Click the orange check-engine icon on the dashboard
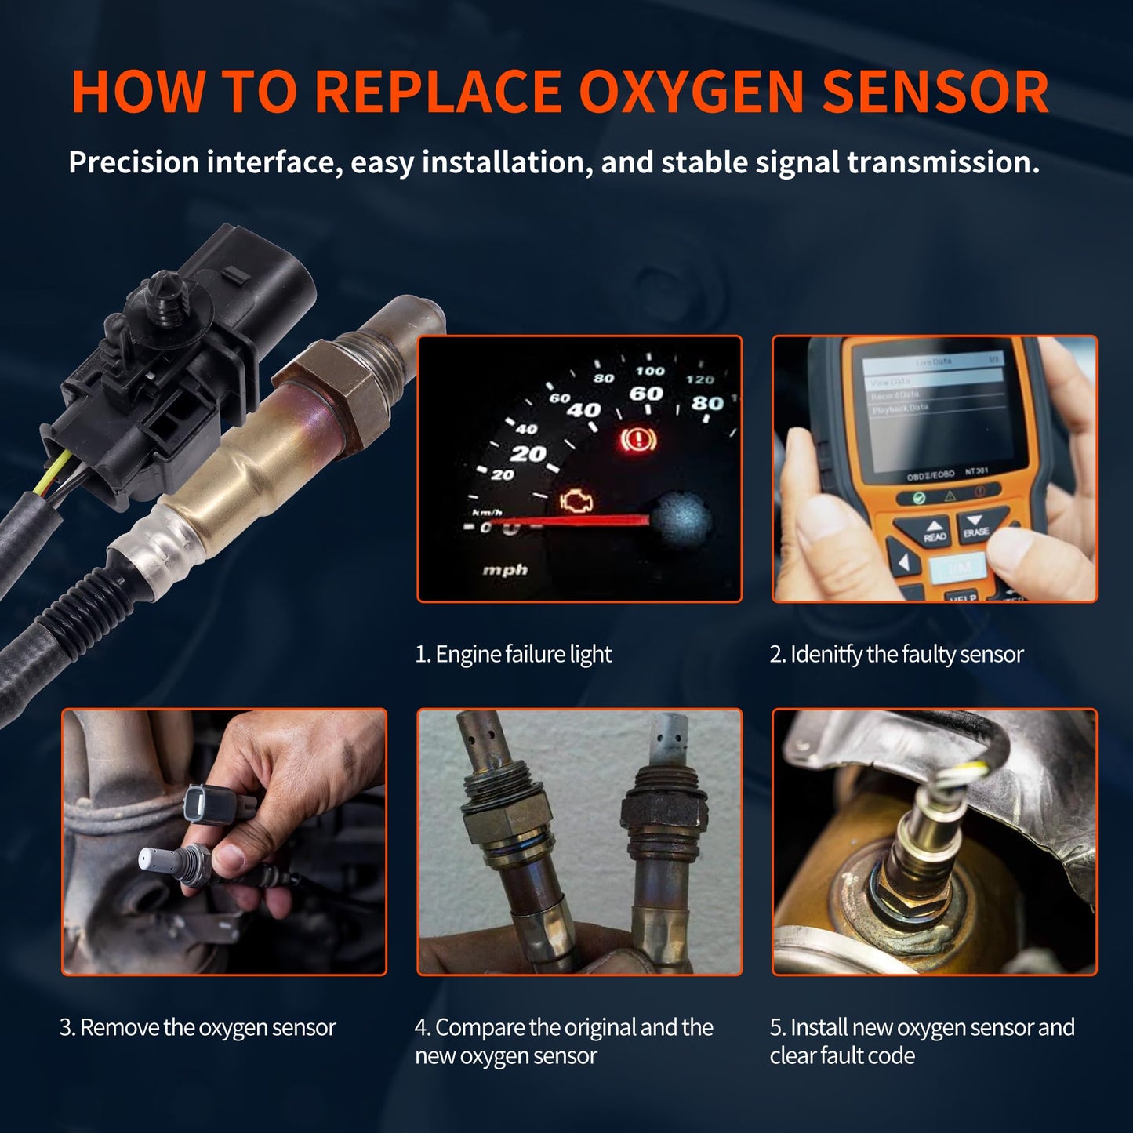pyautogui.click(x=576, y=502)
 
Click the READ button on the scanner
pyautogui.click(x=934, y=532)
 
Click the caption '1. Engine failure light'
pyautogui.click(x=513, y=654)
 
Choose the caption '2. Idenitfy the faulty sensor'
pyautogui.click(x=896, y=654)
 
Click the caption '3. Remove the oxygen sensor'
pyautogui.click(x=198, y=1027)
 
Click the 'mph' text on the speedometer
pyautogui.click(x=505, y=570)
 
